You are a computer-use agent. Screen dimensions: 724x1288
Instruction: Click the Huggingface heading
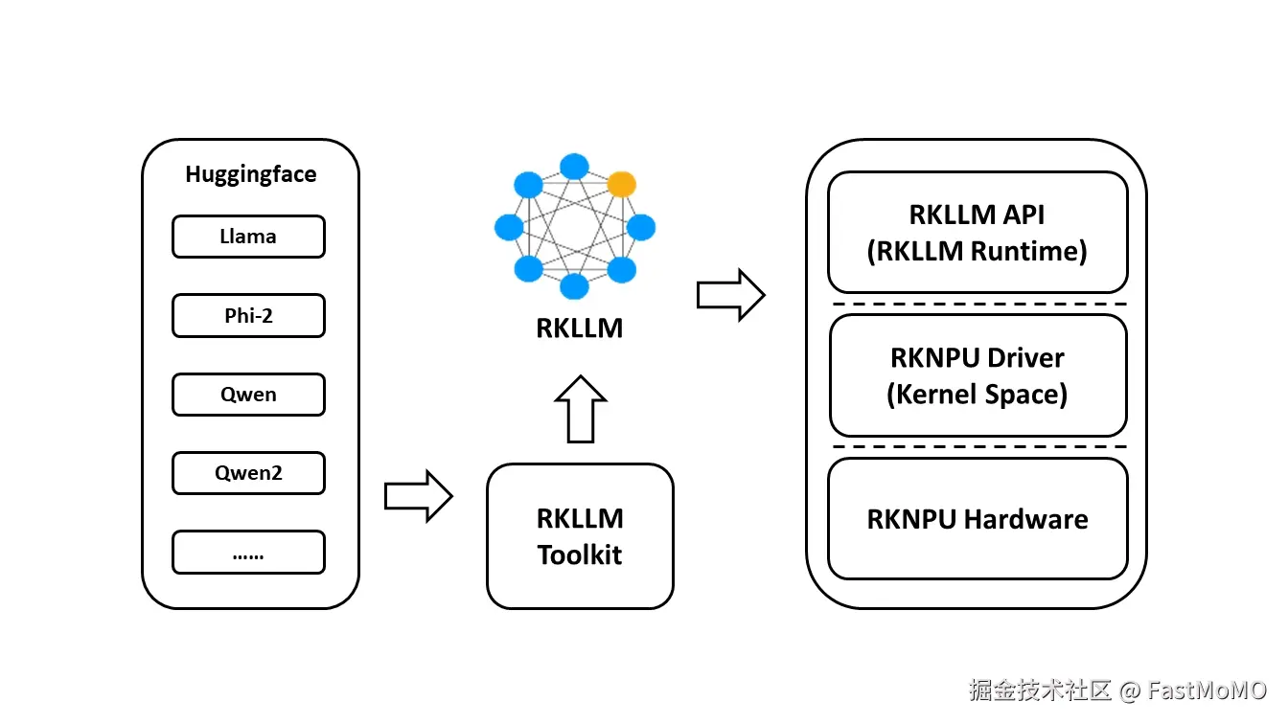click(250, 174)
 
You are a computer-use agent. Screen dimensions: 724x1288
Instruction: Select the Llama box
click(248, 237)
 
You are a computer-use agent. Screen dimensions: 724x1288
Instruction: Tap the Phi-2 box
click(248, 315)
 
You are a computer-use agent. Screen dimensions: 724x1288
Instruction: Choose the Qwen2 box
click(248, 473)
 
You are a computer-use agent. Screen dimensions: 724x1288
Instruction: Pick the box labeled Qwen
click(248, 395)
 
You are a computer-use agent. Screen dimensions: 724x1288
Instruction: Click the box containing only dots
click(248, 553)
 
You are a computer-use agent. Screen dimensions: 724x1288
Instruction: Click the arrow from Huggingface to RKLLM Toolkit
click(418, 496)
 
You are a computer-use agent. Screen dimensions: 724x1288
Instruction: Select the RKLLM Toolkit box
click(580, 535)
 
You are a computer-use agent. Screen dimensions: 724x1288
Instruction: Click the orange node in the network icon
click(622, 184)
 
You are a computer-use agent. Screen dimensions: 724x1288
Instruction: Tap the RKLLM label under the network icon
click(580, 328)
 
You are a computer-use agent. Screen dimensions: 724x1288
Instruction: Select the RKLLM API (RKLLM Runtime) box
click(977, 232)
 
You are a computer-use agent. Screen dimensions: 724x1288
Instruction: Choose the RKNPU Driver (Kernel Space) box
click(977, 375)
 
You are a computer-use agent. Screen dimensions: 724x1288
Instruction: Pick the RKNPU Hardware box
click(977, 519)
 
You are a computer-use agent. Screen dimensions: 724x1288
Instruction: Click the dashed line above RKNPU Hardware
click(977, 447)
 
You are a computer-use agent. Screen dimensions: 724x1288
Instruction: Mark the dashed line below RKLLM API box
click(977, 304)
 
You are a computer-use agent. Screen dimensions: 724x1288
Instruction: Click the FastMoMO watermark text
click(1207, 690)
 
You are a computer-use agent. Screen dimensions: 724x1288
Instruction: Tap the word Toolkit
click(580, 554)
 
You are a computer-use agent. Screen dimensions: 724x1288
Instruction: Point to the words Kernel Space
click(977, 394)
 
